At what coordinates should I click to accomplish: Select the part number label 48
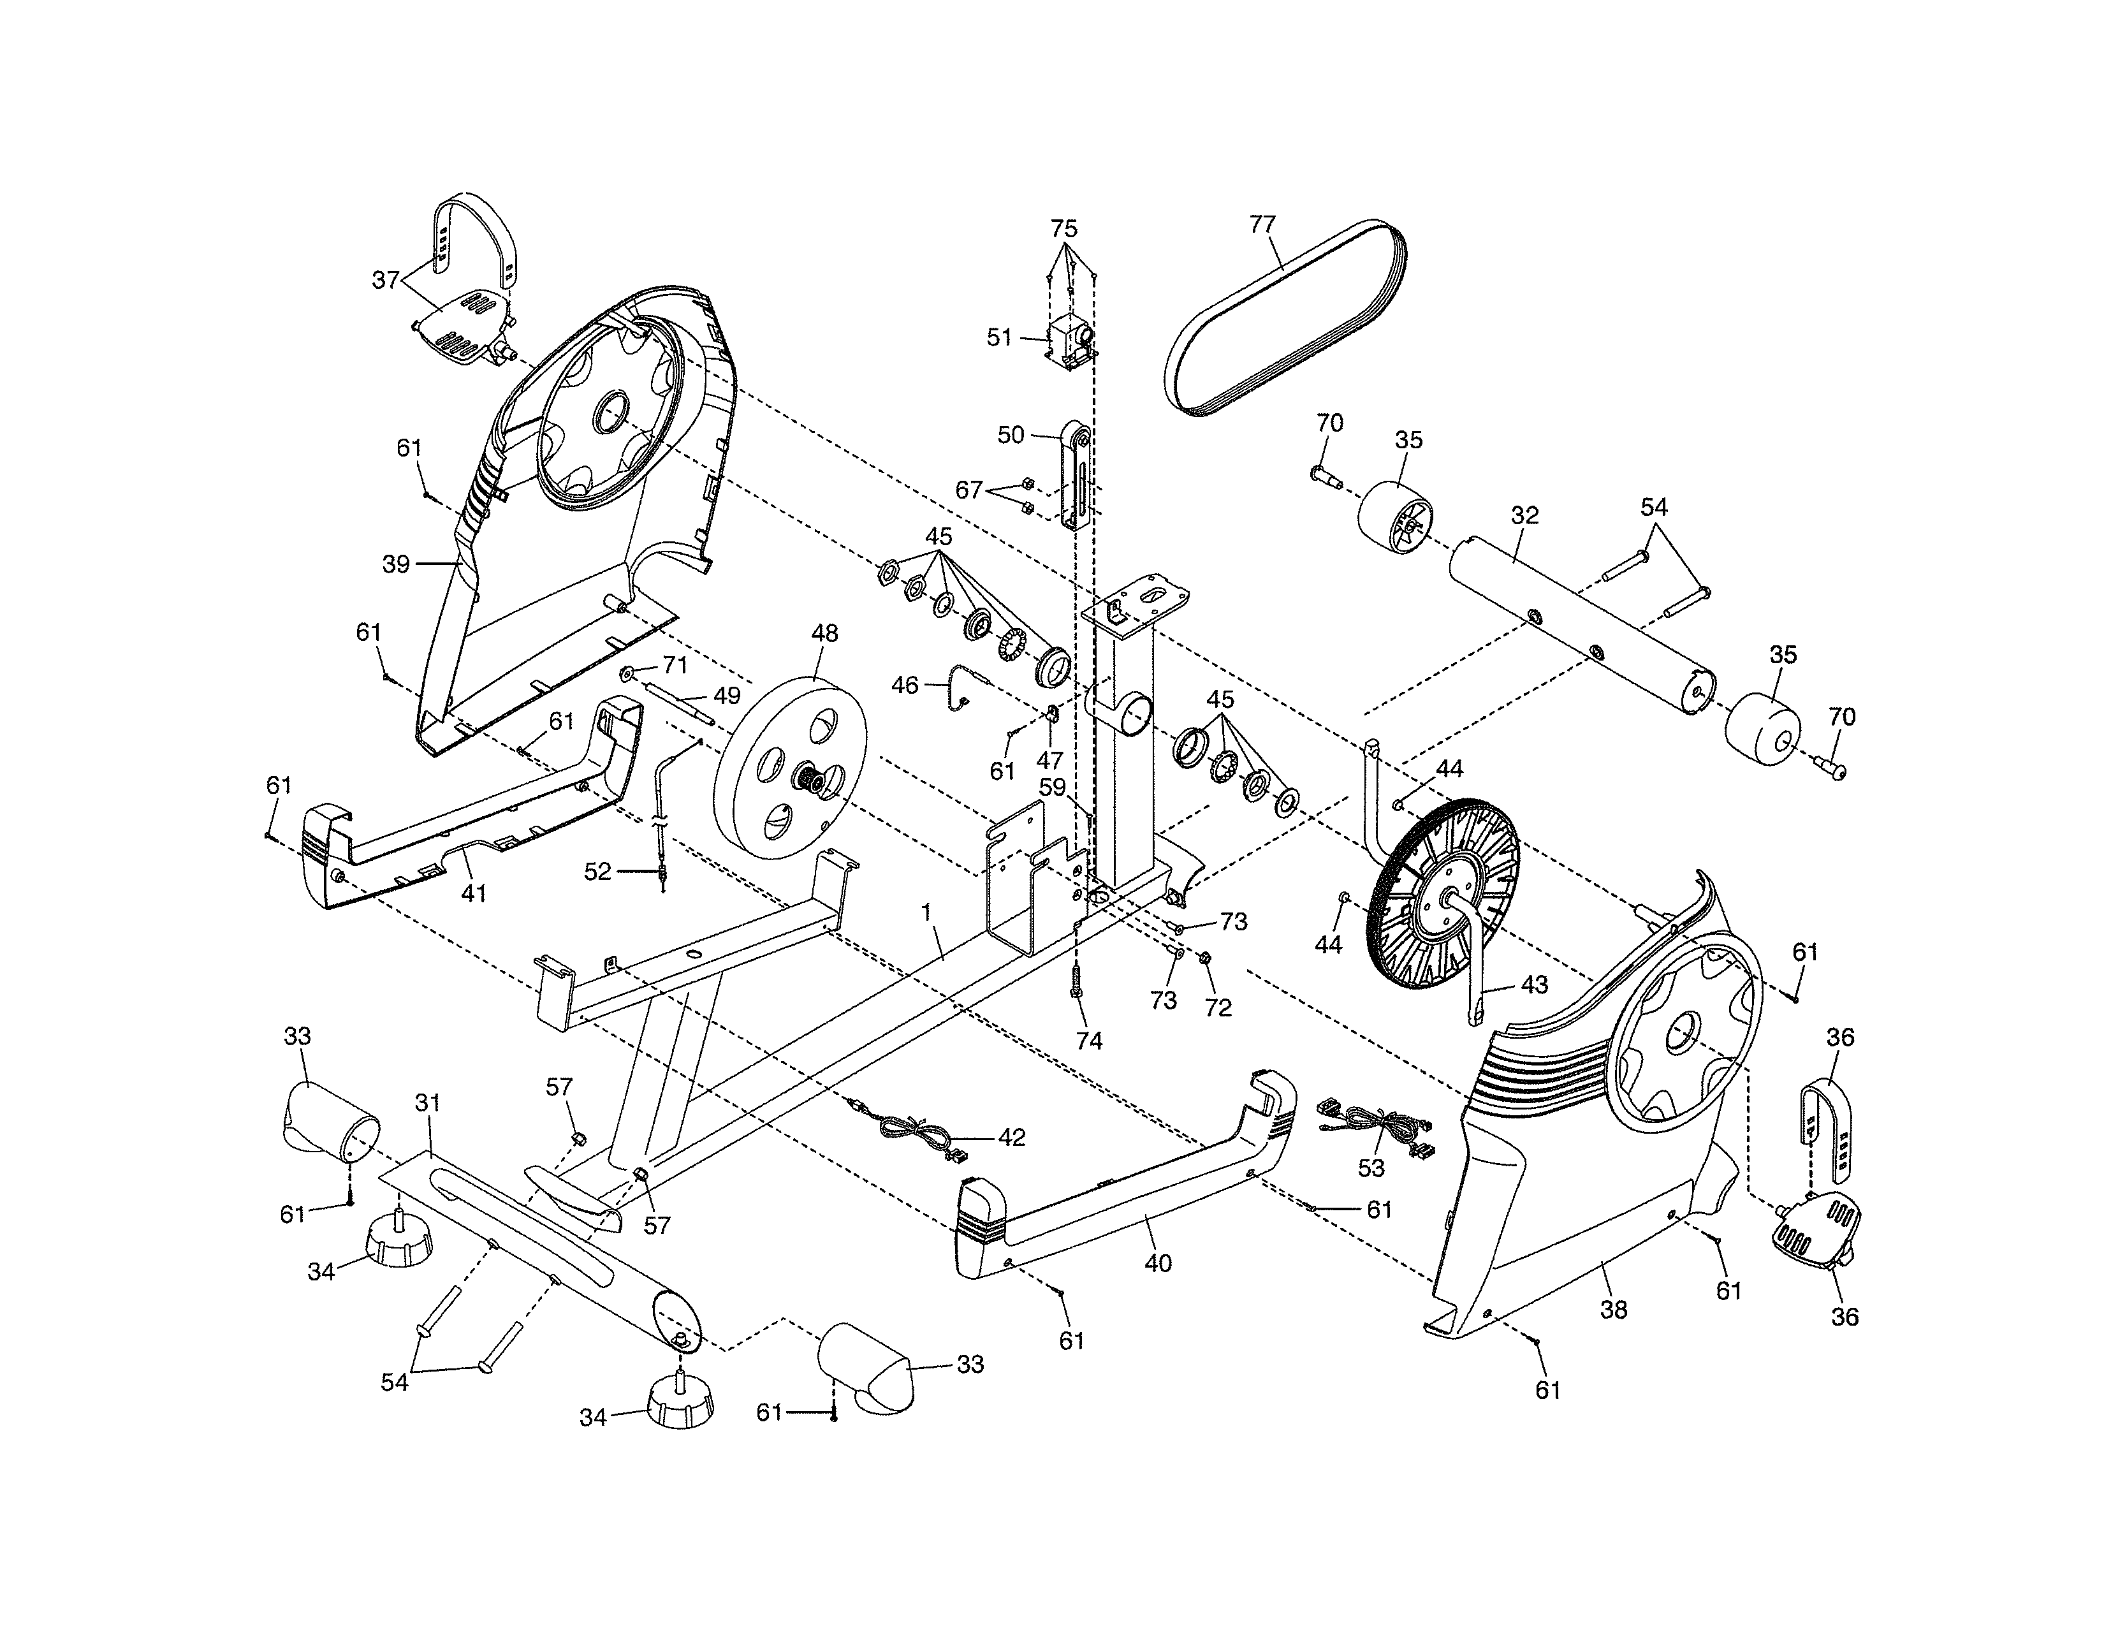[824, 633]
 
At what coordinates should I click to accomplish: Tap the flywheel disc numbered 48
[790, 771]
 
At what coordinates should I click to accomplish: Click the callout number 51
[999, 337]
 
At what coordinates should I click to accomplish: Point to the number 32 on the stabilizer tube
[1524, 515]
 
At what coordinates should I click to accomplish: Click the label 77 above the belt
[1262, 224]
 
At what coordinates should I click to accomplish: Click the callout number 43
[1533, 985]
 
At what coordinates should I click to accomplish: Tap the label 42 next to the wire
[1012, 1138]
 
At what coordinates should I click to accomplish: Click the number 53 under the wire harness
[1370, 1168]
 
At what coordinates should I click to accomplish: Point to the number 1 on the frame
[927, 911]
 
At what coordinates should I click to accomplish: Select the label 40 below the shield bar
[1158, 1263]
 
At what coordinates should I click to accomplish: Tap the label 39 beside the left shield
[396, 564]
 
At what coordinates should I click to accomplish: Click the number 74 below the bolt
[1088, 1041]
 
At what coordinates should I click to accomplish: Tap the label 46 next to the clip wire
[905, 686]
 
